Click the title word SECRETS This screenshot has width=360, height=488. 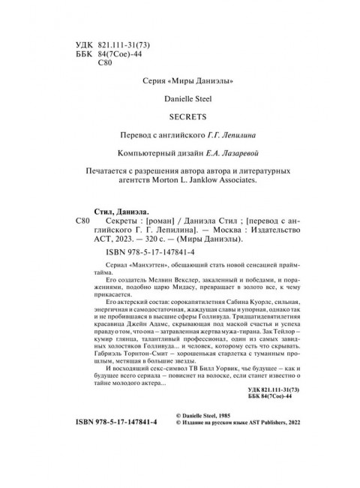tap(179, 116)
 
